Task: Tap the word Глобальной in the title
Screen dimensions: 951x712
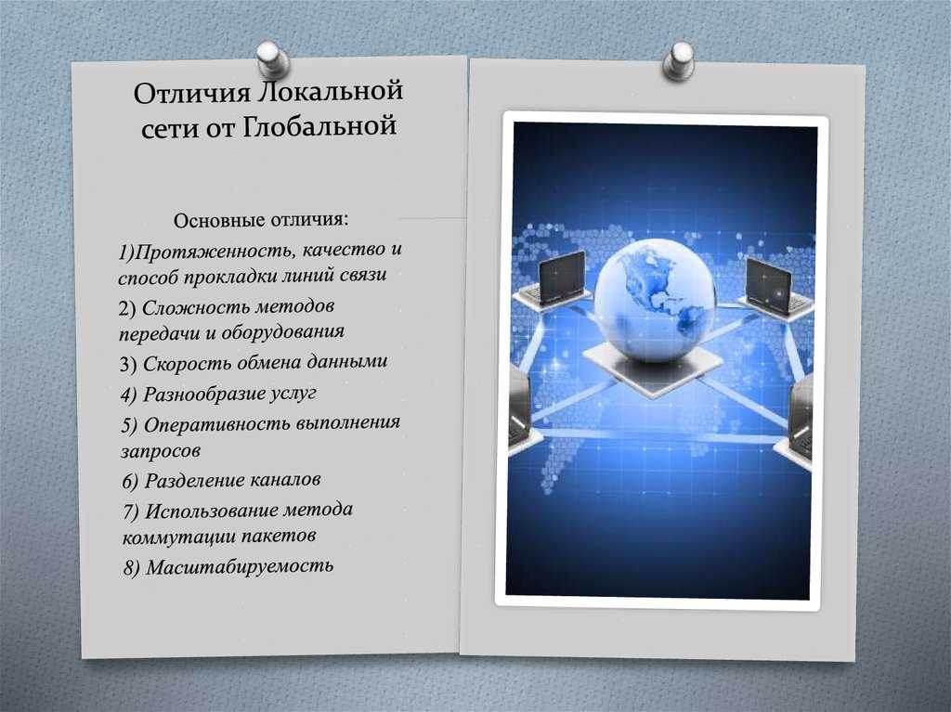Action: pyautogui.click(x=319, y=126)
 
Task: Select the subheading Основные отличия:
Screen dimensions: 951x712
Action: pyautogui.click(x=261, y=220)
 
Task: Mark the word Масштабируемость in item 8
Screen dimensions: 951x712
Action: pyautogui.click(x=240, y=566)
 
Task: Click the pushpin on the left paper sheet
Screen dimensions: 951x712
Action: pyautogui.click(x=272, y=58)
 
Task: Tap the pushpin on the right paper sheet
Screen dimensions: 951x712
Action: pyautogui.click(x=679, y=60)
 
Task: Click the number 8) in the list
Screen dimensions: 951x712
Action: pyautogui.click(x=132, y=568)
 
